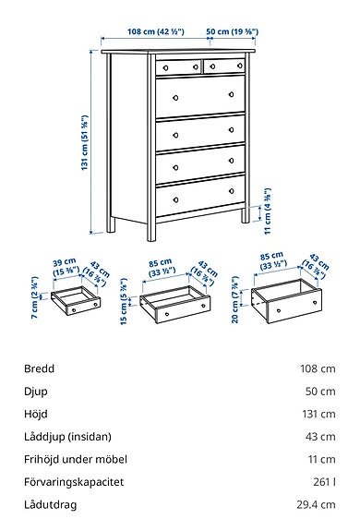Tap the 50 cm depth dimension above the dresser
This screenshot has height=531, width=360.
[x=231, y=31]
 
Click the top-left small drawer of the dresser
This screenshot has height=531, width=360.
[x=177, y=66]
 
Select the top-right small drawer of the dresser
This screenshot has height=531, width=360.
[x=224, y=66]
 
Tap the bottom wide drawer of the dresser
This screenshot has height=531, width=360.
[x=201, y=198]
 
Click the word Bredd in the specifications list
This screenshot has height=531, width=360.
[x=40, y=368]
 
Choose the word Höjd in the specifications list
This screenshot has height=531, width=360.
[x=38, y=414]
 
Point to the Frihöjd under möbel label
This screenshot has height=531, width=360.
[x=76, y=459]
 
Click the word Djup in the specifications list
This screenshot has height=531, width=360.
[x=37, y=392]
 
